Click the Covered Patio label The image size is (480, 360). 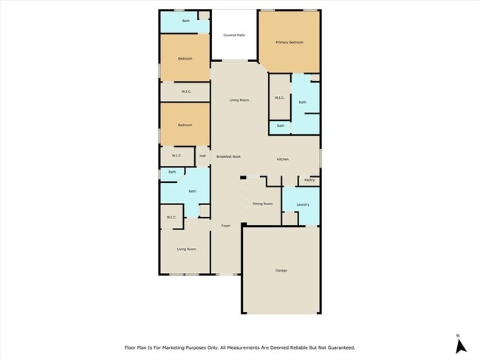234,35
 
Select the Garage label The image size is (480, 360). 281,271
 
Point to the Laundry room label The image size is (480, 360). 302,204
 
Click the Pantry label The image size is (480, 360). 309,180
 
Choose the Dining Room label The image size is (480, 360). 262,204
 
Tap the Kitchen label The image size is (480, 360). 283,160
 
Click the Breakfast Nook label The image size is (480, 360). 228,156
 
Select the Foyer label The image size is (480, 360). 226,226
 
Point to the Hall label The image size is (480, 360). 202,156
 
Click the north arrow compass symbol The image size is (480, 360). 459,346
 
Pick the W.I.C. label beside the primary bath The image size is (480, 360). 280,98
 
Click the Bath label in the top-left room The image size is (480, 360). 186,21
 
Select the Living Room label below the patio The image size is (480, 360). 239,100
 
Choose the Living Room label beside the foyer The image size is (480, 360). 186,249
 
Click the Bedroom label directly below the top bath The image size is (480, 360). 185,58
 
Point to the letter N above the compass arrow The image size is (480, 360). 459,335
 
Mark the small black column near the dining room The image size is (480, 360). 243,178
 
